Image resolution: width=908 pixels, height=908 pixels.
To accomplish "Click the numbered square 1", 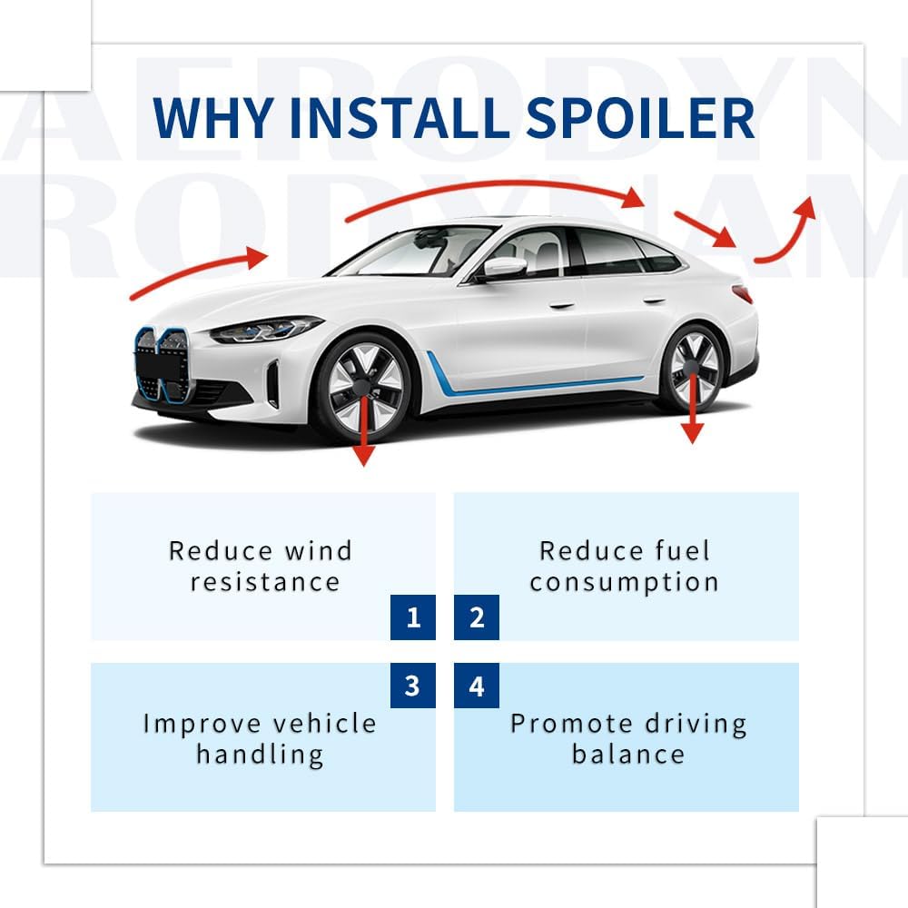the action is pyautogui.click(x=413, y=618).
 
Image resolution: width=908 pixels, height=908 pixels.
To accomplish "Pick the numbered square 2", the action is pyautogui.click(x=477, y=618).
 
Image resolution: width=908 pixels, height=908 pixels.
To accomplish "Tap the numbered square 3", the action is pyautogui.click(x=413, y=686).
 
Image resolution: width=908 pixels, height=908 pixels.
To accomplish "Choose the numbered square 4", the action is pyautogui.click(x=477, y=686).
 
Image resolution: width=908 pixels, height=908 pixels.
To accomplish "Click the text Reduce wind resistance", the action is pyautogui.click(x=261, y=566).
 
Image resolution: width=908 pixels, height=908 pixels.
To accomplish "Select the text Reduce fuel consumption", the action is pyautogui.click(x=624, y=566).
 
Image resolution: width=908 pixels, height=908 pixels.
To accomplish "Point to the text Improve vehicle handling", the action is pyautogui.click(x=260, y=738).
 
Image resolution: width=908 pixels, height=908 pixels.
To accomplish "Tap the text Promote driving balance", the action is pyautogui.click(x=628, y=738).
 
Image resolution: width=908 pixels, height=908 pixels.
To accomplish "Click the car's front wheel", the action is pyautogui.click(x=364, y=385).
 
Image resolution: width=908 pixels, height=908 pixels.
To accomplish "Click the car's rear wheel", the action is pyautogui.click(x=694, y=368).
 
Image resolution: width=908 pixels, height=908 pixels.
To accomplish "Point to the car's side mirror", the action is pyautogui.click(x=504, y=267).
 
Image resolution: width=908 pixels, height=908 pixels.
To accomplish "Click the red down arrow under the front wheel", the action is pyautogui.click(x=363, y=436).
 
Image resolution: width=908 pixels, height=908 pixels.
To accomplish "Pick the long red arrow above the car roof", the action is pyautogui.click(x=495, y=193).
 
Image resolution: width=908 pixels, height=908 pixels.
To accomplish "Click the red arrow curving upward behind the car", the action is pyautogui.click(x=787, y=231).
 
